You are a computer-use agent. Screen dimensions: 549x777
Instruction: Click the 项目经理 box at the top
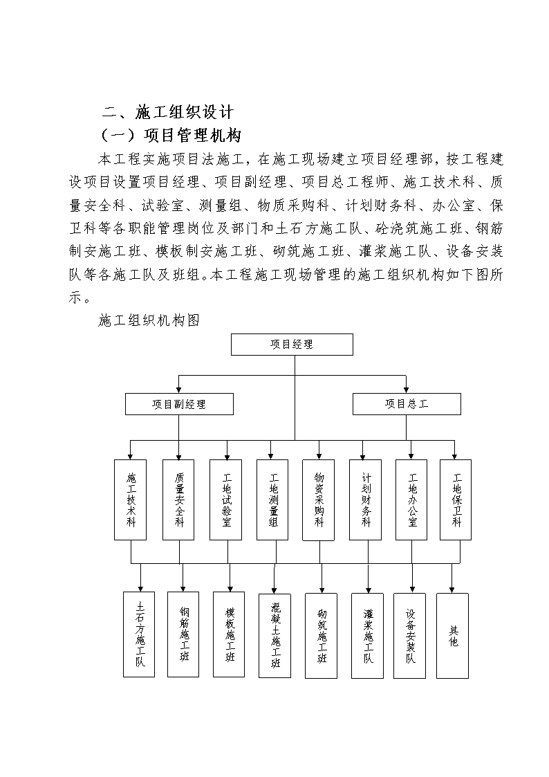coord(292,345)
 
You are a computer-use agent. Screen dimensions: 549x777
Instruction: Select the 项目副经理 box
coord(179,404)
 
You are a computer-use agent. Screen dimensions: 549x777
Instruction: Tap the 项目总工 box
coord(407,404)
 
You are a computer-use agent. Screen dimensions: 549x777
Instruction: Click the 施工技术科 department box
coord(130,500)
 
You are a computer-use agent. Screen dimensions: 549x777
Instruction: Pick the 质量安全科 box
coord(178,500)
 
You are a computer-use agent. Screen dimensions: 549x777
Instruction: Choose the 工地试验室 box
coord(225,500)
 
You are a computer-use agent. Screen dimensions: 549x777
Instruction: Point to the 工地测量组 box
coord(272,500)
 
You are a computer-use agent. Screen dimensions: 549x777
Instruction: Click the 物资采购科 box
coord(318,500)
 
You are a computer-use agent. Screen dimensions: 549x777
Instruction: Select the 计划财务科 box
coord(365,500)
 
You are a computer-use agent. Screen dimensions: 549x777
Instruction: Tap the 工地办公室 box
coord(411,500)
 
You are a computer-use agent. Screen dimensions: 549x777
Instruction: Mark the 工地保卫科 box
coord(456,500)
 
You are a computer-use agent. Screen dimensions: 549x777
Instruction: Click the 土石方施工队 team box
coord(139,634)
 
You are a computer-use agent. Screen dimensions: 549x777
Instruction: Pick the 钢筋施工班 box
coord(183,634)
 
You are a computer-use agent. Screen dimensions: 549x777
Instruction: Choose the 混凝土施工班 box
coord(274,636)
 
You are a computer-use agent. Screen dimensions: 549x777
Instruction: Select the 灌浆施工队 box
coord(367,636)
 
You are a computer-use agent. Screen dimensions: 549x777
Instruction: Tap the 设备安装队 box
coord(410,636)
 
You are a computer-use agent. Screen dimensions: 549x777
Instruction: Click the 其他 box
coord(452,636)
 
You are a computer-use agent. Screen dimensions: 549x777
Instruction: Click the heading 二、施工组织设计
coord(167,112)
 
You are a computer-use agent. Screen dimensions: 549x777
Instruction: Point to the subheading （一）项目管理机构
coord(171,135)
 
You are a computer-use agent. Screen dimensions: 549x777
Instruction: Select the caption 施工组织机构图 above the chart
coord(149,320)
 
